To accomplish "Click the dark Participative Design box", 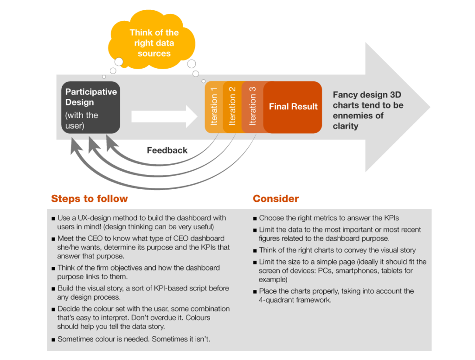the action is coord(91,107).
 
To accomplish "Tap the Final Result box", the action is coord(293,107).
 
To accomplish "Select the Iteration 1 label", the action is coord(214,106).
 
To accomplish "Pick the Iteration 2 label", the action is coord(232,106).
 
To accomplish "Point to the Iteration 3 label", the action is coord(252,106).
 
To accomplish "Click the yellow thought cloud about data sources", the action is coord(152,40).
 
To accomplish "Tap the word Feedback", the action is coord(167,150).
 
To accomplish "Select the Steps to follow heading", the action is coord(90,199).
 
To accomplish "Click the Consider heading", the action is coord(276,199).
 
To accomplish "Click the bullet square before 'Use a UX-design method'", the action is coord(53,219).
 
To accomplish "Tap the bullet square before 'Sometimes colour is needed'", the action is coord(53,340).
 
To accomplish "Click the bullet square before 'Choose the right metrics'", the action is coord(255,219).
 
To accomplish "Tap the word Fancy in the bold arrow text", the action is coord(345,95).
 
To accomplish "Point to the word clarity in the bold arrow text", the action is coord(345,126).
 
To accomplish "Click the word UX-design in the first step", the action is coord(95,218).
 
